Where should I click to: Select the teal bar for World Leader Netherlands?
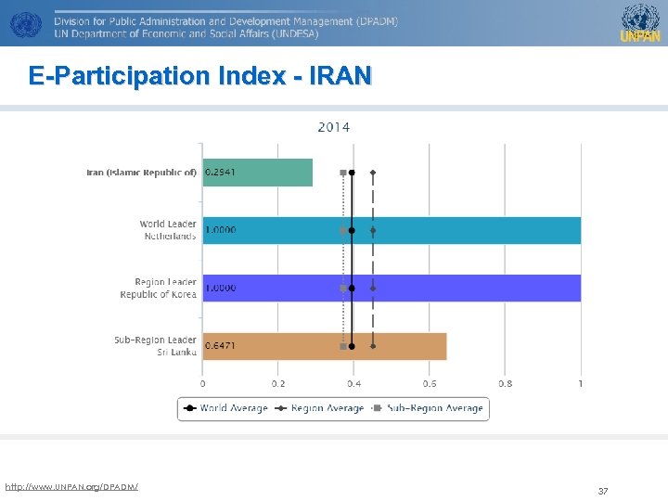(464, 230)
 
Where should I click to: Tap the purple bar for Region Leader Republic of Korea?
(464, 288)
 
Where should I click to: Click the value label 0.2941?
(220, 173)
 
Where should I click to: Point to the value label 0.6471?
(220, 346)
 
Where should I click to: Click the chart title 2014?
(334, 127)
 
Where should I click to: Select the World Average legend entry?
(226, 408)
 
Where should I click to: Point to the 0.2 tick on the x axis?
(278, 384)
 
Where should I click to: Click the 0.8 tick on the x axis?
(505, 384)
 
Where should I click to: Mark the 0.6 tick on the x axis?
(430, 384)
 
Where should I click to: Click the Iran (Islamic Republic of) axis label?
(141, 173)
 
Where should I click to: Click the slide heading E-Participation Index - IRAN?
(199, 76)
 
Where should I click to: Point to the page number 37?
(603, 491)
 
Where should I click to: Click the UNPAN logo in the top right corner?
(640, 23)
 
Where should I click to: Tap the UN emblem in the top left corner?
(24, 23)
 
